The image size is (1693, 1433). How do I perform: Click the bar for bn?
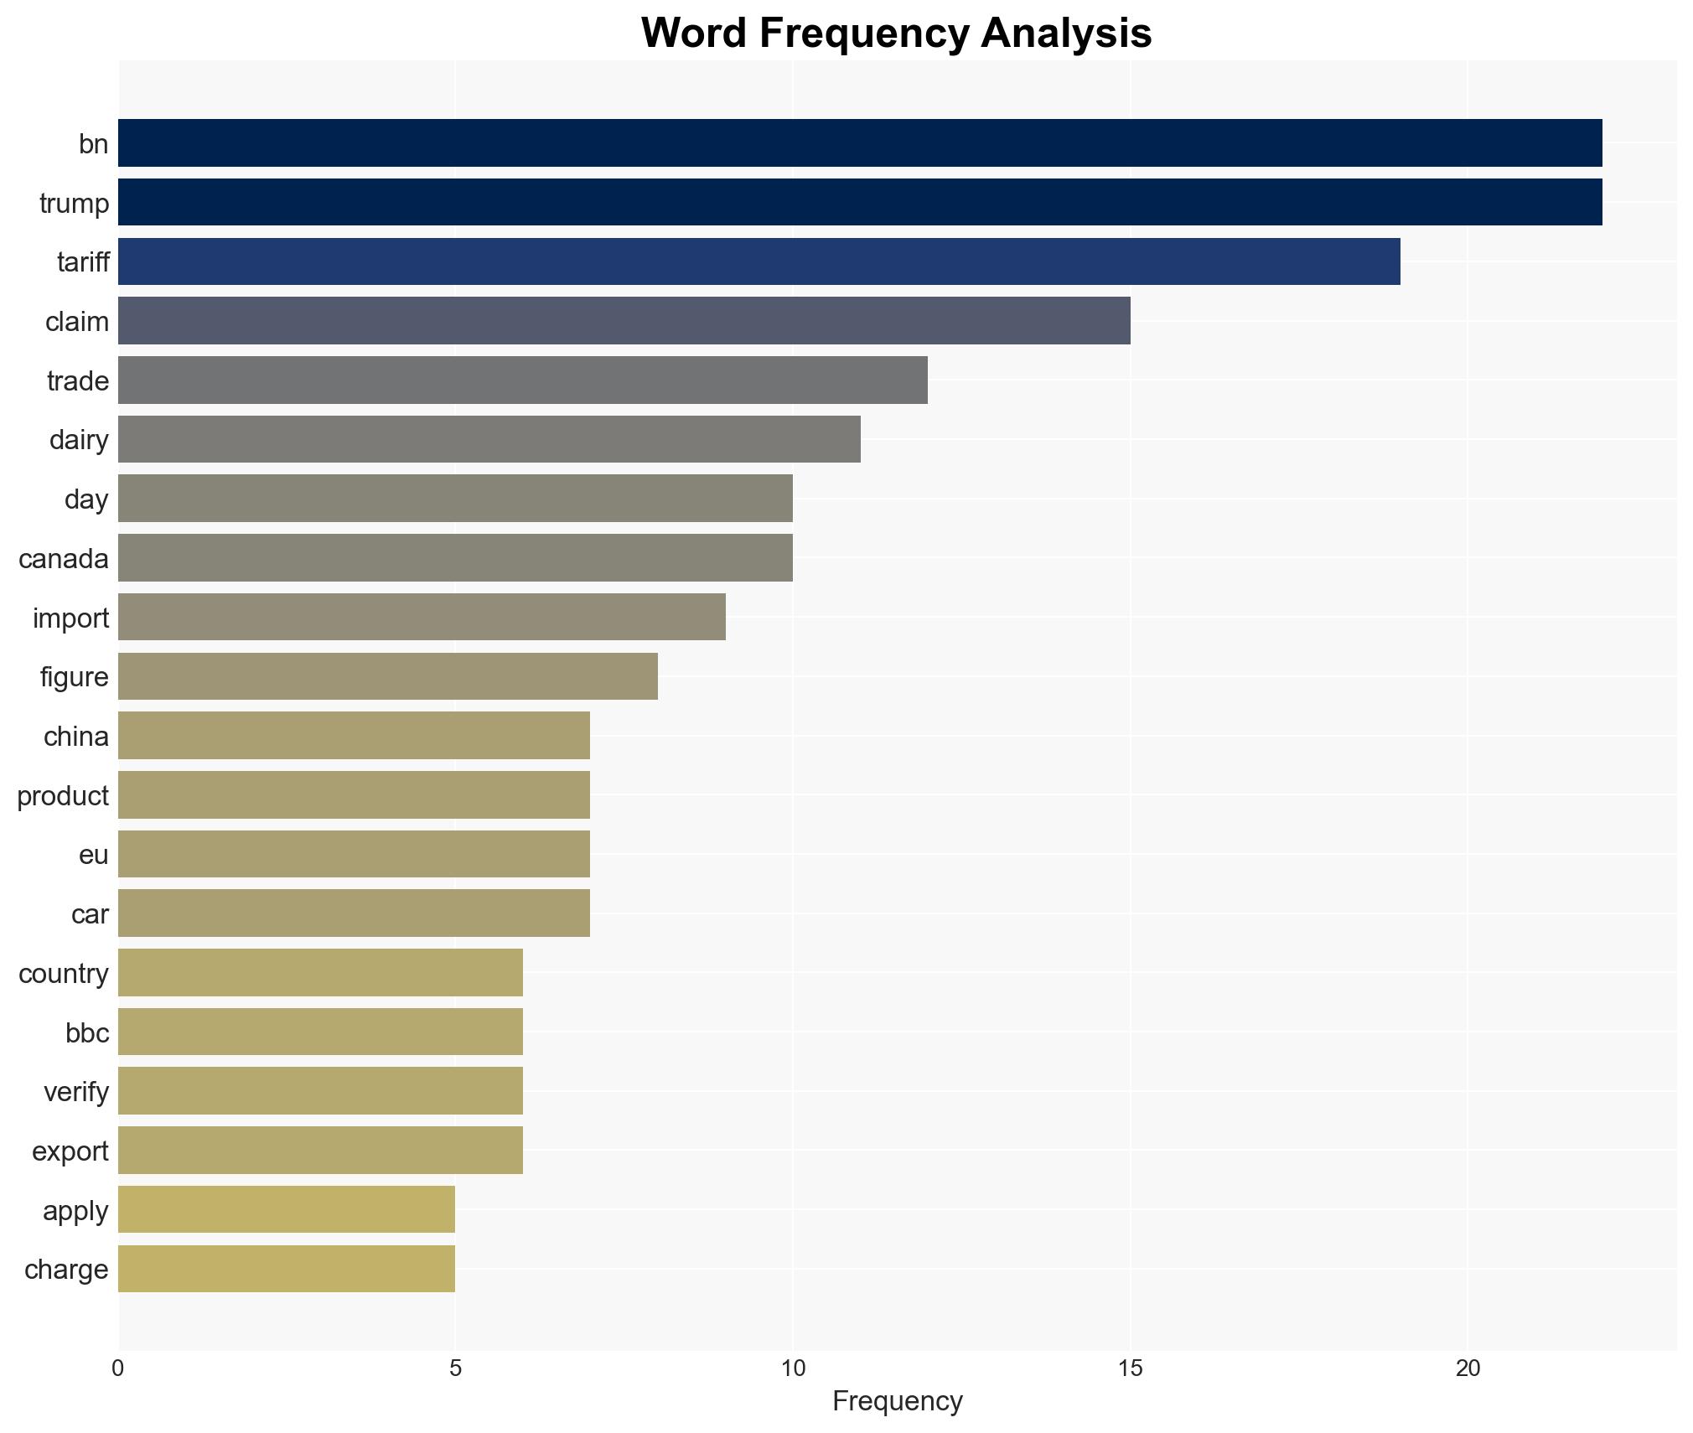(x=859, y=143)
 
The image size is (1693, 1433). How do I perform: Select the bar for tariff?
(x=758, y=261)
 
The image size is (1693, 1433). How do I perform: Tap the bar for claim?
(x=624, y=321)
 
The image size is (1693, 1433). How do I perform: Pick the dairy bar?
(x=489, y=439)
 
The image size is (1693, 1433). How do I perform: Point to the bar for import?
(x=422, y=618)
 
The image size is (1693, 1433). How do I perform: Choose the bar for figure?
(x=387, y=676)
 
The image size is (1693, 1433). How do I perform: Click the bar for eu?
(x=354, y=854)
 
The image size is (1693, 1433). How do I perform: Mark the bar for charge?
(x=287, y=1269)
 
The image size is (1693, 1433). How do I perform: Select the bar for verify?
(x=320, y=1091)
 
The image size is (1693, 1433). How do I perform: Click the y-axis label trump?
(x=74, y=203)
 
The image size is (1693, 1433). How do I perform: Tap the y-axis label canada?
(x=64, y=558)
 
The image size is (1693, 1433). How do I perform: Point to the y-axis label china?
(x=76, y=736)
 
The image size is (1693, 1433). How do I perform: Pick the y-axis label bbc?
(x=87, y=1032)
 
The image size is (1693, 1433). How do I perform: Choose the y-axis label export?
(x=70, y=1151)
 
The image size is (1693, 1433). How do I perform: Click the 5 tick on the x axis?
(x=455, y=1368)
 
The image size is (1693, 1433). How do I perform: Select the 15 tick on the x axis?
(x=1130, y=1368)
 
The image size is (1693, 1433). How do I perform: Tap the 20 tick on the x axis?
(x=1468, y=1368)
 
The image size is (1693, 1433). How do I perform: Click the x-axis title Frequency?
(x=897, y=1401)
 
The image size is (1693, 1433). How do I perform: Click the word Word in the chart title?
(x=693, y=34)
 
